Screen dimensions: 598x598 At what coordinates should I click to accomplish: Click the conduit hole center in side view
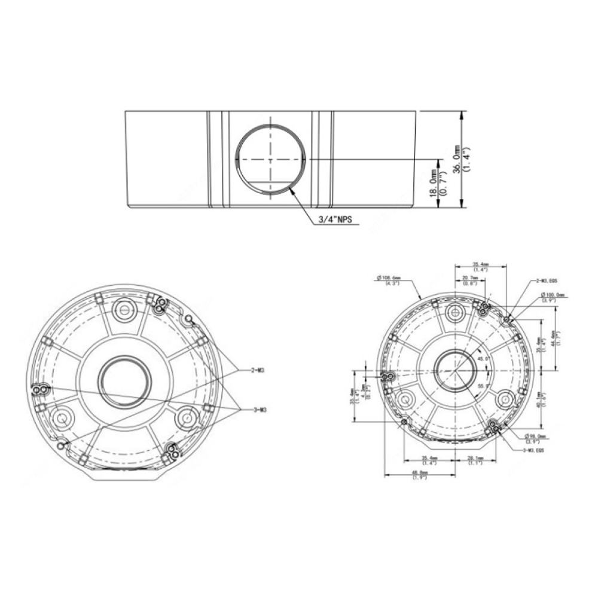[270, 160]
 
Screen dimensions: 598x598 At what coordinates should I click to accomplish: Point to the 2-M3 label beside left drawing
[258, 370]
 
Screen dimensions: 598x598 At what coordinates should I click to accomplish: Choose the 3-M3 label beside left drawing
[258, 409]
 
